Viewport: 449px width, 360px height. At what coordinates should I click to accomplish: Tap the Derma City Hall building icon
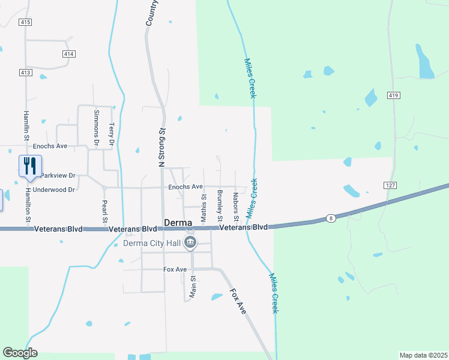tap(190, 242)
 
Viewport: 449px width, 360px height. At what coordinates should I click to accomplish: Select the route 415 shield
tap(25, 22)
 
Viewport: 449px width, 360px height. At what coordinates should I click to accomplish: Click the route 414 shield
tap(68, 54)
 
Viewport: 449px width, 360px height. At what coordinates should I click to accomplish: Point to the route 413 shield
tap(25, 73)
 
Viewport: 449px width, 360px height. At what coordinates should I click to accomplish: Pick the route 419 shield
tap(393, 95)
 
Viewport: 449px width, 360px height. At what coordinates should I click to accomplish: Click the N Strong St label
tap(161, 147)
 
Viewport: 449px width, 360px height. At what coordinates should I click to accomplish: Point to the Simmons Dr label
tap(96, 128)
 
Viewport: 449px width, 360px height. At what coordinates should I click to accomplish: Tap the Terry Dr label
tap(111, 134)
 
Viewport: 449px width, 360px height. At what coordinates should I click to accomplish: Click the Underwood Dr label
tap(54, 190)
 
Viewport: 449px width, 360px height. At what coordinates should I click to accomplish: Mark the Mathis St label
tap(203, 205)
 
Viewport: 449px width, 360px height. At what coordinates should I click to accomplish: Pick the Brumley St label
tap(220, 205)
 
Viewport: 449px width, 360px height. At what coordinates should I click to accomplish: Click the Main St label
tap(193, 286)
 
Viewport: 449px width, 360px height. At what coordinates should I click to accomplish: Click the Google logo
tap(20, 353)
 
